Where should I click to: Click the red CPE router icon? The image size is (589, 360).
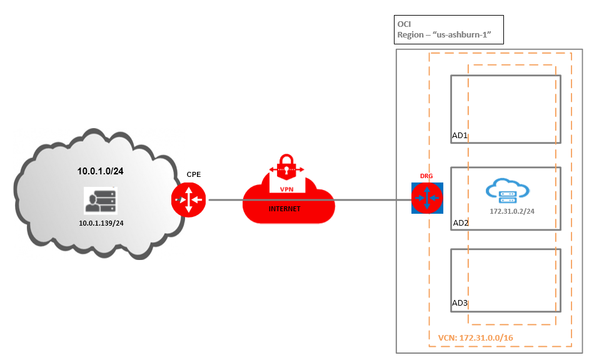point(188,201)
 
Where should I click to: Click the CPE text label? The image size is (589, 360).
point(194,174)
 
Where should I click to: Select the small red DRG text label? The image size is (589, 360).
point(426,177)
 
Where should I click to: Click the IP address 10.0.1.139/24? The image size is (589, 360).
point(101,222)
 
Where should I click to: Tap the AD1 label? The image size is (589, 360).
point(460,135)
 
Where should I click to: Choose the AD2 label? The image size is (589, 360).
point(460,222)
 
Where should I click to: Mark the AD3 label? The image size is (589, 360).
point(460,304)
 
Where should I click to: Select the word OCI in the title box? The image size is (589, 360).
point(405,24)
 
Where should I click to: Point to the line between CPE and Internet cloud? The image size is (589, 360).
point(225,201)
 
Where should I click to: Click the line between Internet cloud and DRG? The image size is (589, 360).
point(369,201)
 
